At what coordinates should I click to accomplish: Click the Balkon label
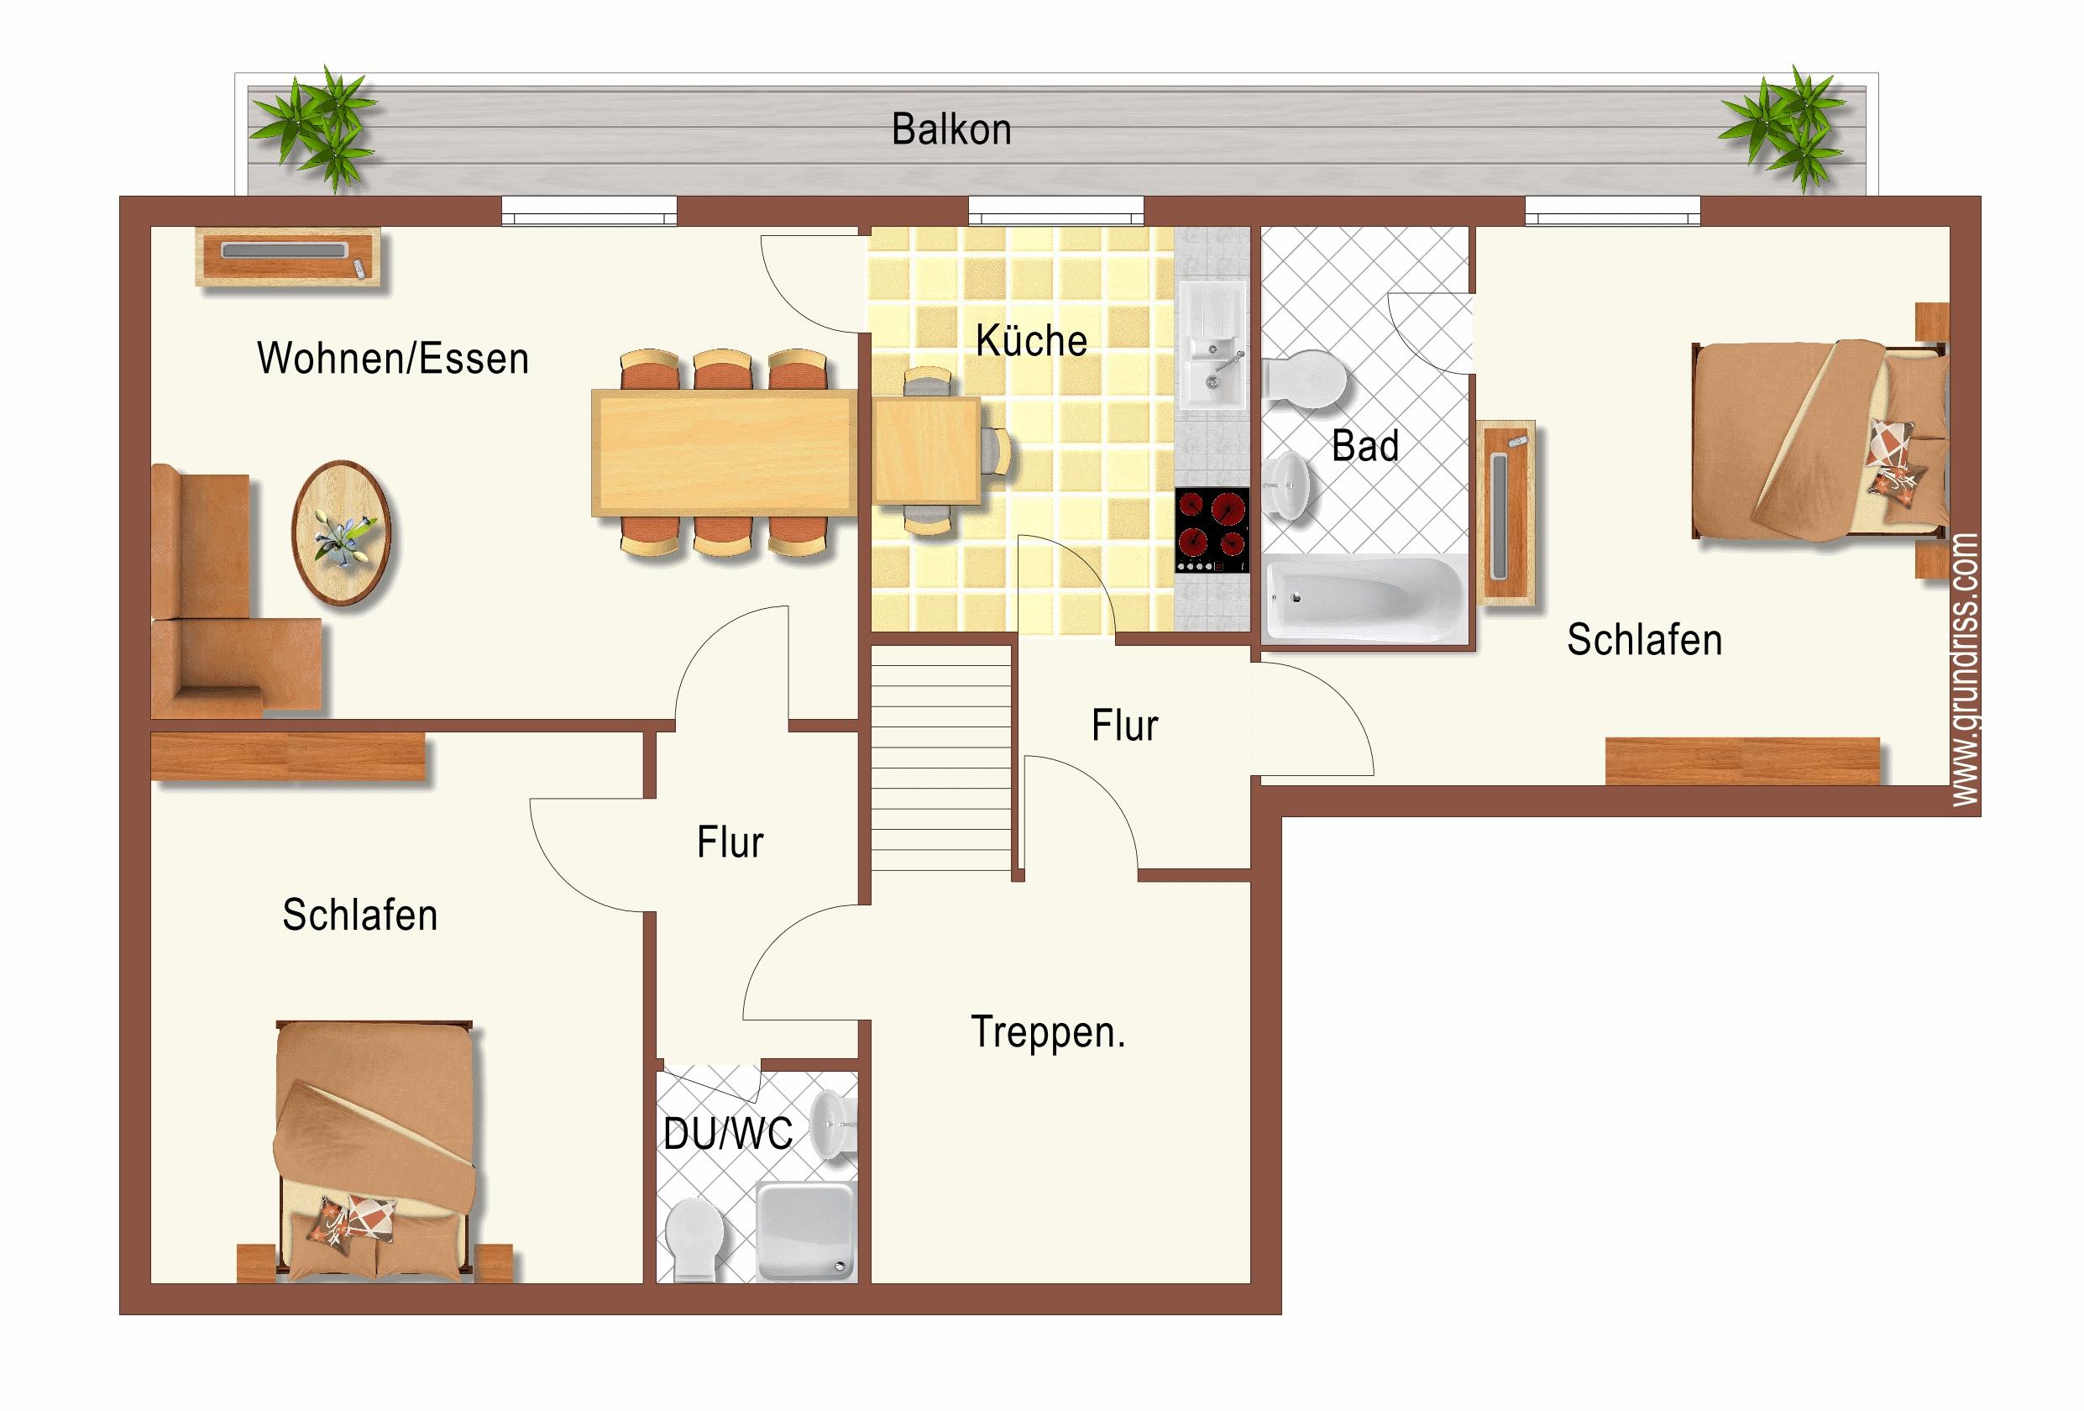pyautogui.click(x=951, y=130)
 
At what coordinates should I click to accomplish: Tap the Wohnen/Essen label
pyautogui.click(x=393, y=358)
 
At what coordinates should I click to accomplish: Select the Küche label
pyautogui.click(x=1031, y=340)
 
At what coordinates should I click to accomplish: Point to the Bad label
pyautogui.click(x=1364, y=446)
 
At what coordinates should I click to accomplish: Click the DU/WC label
pyautogui.click(x=728, y=1134)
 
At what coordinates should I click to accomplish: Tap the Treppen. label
pyautogui.click(x=1047, y=1032)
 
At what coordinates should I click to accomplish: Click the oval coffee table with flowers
pyautogui.click(x=341, y=532)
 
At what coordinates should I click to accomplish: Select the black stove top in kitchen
pyautogui.click(x=1212, y=530)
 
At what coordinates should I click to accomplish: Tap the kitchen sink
pyautogui.click(x=1212, y=345)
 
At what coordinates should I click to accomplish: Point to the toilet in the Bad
pyautogui.click(x=1305, y=379)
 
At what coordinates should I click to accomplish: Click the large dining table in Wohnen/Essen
pyautogui.click(x=724, y=453)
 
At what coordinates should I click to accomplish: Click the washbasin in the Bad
pyautogui.click(x=1289, y=485)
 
